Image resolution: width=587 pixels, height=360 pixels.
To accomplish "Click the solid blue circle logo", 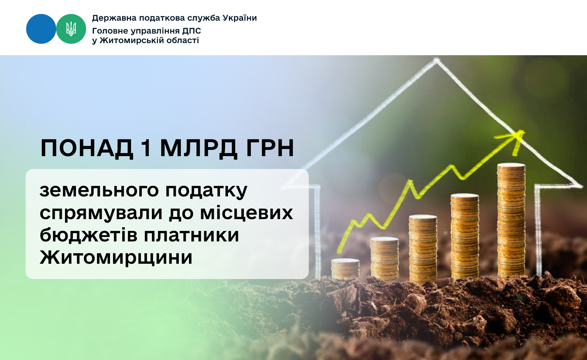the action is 41,29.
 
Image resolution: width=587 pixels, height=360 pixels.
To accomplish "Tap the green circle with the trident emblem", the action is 71,29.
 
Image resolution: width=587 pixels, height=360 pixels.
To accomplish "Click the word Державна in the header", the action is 114,18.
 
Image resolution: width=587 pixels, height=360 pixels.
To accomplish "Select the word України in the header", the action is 240,18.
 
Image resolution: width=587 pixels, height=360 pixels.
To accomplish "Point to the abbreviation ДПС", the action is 192,31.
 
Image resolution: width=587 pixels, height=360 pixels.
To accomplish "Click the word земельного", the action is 99,191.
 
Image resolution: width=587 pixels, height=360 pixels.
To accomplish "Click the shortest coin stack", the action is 345,269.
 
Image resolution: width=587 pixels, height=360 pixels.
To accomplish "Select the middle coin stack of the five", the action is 423,248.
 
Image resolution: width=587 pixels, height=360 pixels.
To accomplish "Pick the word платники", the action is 192,235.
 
